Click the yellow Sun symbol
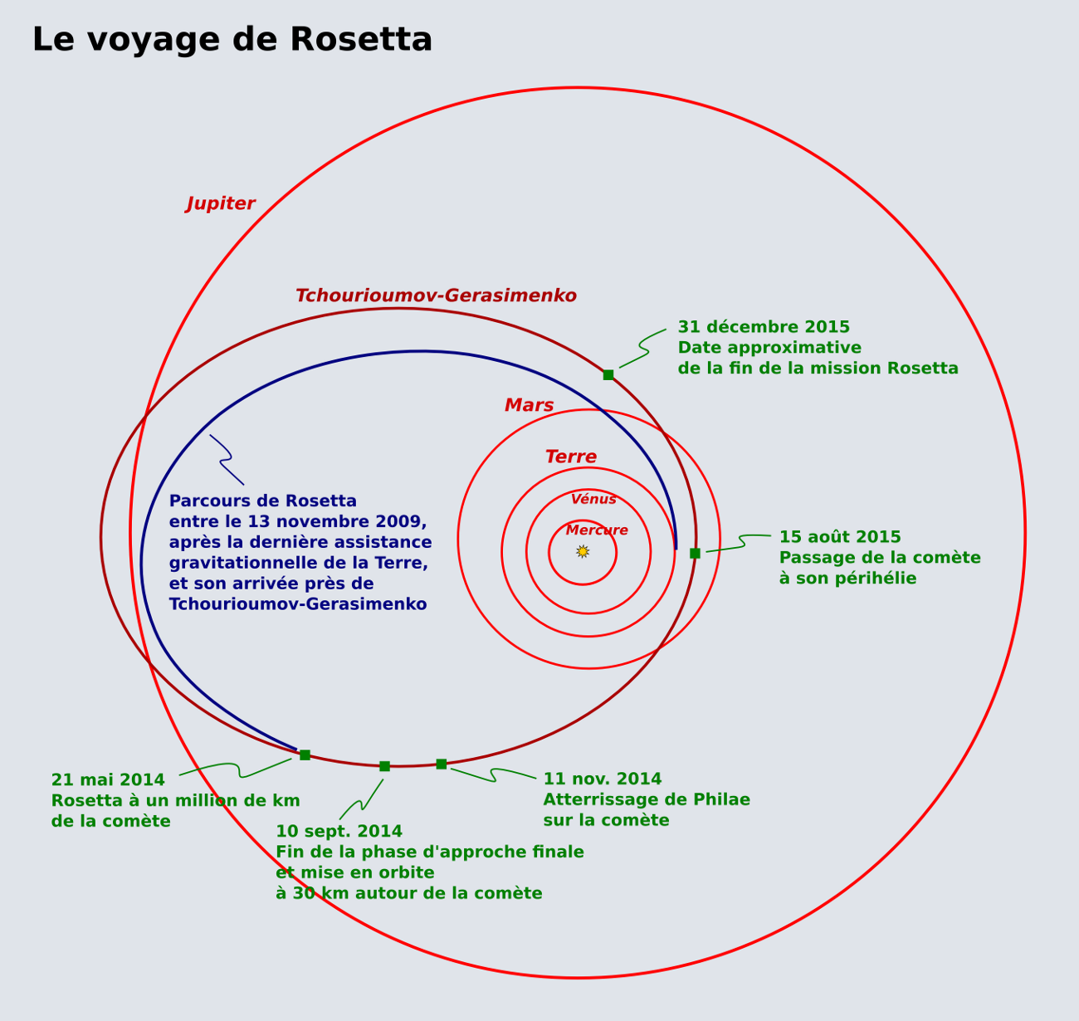tap(583, 551)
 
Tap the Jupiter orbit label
tap(221, 204)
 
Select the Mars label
tap(529, 406)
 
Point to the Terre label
tap(570, 457)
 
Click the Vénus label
tap(593, 500)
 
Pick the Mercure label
tap(597, 530)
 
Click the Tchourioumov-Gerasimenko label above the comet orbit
tap(436, 296)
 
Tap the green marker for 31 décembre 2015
tap(608, 375)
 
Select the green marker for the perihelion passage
tap(695, 554)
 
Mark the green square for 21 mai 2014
tap(305, 755)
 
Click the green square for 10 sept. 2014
tap(384, 766)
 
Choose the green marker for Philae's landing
tap(441, 765)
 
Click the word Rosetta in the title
tap(361, 40)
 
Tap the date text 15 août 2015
tap(839, 538)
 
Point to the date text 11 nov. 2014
tap(602, 779)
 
